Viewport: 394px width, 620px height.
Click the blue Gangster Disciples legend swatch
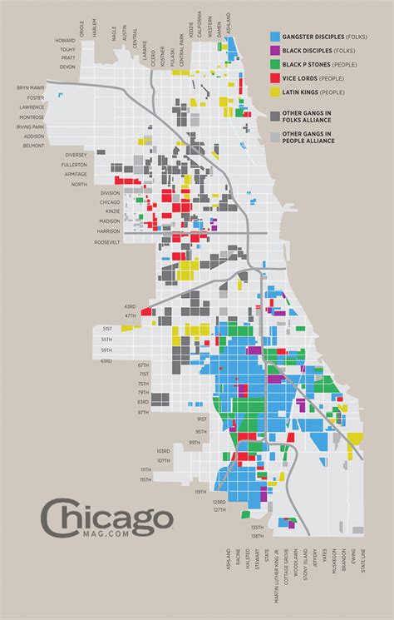pos(274,37)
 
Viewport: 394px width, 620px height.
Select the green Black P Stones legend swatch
pos(274,63)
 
